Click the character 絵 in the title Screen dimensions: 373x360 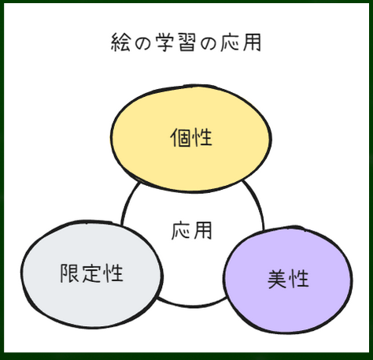(x=120, y=43)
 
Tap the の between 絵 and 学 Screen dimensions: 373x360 (x=143, y=43)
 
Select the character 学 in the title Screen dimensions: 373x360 (x=164, y=43)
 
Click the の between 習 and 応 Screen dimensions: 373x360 (x=209, y=43)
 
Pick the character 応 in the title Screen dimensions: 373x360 (x=230, y=43)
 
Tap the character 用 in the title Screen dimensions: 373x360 (x=252, y=43)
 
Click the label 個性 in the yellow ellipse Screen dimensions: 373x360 (x=191, y=137)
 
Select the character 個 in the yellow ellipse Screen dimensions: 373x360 (x=180, y=137)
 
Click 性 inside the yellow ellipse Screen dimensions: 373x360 (x=202, y=137)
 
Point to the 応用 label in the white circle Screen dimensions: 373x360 (x=191, y=231)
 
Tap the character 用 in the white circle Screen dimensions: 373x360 (x=202, y=231)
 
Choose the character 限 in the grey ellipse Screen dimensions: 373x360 (x=69, y=273)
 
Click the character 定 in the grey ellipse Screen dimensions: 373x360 (x=91, y=273)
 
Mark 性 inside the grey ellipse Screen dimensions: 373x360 (x=113, y=273)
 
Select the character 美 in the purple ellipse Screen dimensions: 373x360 (x=276, y=279)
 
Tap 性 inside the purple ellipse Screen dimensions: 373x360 (x=299, y=279)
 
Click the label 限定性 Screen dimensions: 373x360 (x=92, y=273)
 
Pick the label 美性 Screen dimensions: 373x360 (x=288, y=279)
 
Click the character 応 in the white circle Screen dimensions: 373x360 (x=180, y=231)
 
